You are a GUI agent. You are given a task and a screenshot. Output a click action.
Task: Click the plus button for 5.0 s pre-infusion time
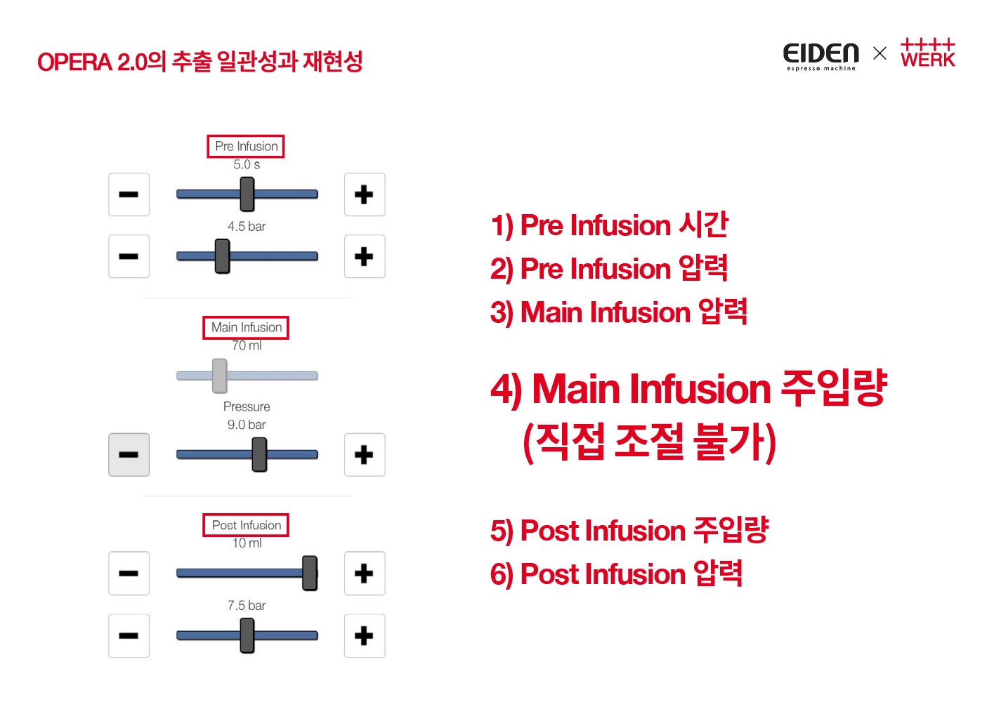point(364,194)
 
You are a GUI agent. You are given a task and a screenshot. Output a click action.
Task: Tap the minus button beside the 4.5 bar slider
point(129,256)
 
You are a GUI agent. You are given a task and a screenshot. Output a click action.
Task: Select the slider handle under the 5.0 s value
point(247,194)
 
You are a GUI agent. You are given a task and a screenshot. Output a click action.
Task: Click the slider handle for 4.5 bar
point(222,256)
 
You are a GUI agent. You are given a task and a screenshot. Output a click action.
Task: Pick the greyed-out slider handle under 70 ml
point(220,376)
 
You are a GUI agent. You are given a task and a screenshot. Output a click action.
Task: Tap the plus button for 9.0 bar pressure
point(364,455)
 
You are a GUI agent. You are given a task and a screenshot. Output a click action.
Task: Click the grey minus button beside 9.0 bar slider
point(129,455)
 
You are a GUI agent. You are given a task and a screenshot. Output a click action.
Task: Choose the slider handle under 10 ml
point(309,574)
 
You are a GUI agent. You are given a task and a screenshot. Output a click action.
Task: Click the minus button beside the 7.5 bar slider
point(129,636)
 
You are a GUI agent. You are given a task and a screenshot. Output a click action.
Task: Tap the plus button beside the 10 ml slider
point(364,574)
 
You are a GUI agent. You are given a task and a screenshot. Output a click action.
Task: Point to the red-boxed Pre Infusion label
point(246,146)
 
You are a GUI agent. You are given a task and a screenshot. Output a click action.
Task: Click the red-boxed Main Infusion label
point(246,327)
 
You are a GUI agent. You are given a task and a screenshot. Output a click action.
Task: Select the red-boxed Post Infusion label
point(246,525)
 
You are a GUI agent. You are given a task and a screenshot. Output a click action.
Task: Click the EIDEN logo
point(820,55)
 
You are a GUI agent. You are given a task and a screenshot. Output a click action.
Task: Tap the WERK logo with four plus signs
point(927,53)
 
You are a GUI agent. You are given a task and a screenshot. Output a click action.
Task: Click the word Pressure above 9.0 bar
point(247,406)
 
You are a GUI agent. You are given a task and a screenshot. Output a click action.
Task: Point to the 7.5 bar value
point(247,605)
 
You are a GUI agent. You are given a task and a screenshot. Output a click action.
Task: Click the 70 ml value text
point(247,345)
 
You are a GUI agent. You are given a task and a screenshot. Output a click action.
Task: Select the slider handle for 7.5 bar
point(247,636)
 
